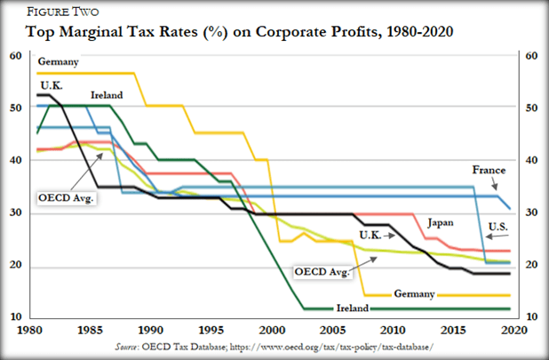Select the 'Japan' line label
coord(444,222)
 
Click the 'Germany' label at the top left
coord(59,62)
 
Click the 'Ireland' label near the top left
coord(106,95)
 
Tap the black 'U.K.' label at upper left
coord(50,84)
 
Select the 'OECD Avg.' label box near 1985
coord(65,196)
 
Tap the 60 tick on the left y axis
coord(15,55)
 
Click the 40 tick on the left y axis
coord(15,160)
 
